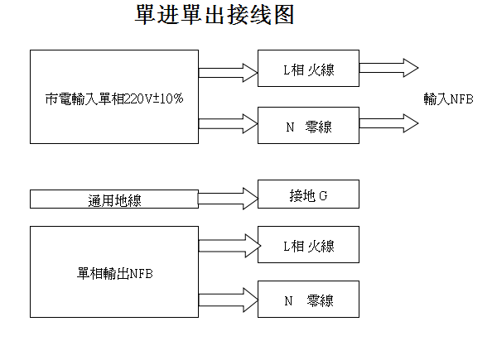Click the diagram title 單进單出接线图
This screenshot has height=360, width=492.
pyautogui.click(x=215, y=15)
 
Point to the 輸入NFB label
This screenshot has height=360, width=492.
pyautogui.click(x=448, y=99)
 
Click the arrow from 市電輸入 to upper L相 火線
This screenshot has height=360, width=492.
pyautogui.click(x=228, y=73)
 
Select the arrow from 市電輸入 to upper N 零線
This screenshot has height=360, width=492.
pyautogui.click(x=228, y=123)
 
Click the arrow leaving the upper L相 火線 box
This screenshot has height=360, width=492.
pyautogui.click(x=388, y=68)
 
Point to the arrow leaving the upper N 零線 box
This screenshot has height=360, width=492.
pyautogui.click(x=388, y=123)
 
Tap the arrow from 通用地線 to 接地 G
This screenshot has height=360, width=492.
pyautogui.click(x=228, y=199)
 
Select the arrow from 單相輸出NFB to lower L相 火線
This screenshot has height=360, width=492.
pyautogui.click(x=229, y=246)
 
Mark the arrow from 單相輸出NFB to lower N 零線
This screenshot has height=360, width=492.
pyautogui.click(x=229, y=300)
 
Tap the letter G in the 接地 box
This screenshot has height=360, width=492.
pyautogui.click(x=323, y=196)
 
